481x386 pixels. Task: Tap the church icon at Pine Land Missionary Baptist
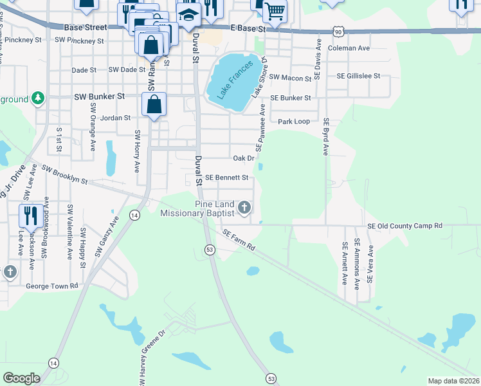click(244, 207)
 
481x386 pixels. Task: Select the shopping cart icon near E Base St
click(275, 11)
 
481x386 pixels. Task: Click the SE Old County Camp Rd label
click(404, 226)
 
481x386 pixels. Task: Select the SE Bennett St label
click(226, 177)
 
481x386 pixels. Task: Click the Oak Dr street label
click(244, 158)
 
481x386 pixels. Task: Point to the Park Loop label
click(293, 121)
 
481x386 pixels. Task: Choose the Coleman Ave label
click(349, 48)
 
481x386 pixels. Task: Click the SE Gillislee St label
click(359, 76)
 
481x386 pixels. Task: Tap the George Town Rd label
click(51, 285)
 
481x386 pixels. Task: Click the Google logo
click(21, 378)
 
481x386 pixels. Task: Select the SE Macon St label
click(290, 78)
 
